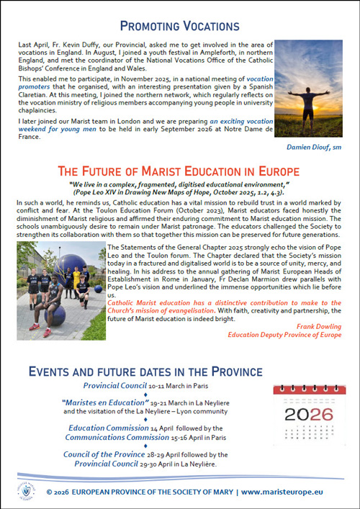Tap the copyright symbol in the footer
point(49,492)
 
